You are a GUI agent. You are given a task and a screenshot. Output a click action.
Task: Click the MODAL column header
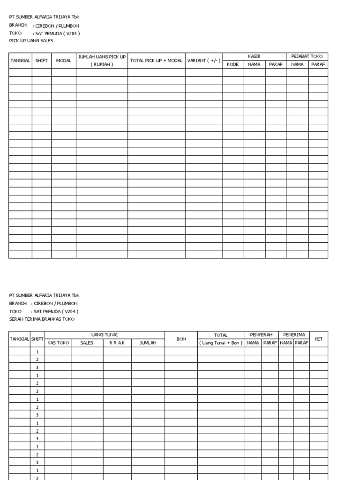(64, 60)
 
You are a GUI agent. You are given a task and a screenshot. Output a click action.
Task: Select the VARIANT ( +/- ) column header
(203, 60)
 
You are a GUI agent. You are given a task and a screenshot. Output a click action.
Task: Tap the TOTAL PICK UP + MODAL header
(156, 60)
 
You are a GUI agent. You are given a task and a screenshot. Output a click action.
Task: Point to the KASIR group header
(254, 56)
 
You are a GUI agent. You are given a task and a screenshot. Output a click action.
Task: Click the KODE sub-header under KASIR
(232, 64)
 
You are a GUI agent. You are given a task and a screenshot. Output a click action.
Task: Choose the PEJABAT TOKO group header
(307, 56)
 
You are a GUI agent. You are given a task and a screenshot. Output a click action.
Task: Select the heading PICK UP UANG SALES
(31, 41)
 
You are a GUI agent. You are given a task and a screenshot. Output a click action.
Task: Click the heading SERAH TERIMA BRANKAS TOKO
(42, 319)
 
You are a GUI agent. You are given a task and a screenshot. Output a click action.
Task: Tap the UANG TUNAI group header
(105, 335)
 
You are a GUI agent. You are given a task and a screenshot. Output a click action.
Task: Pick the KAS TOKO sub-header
(58, 343)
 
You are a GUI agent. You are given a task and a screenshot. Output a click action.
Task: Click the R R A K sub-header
(117, 343)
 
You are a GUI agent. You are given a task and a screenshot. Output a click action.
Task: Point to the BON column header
(181, 338)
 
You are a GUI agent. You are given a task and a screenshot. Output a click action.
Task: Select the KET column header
(318, 338)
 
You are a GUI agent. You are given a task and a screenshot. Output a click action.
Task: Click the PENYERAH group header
(261, 335)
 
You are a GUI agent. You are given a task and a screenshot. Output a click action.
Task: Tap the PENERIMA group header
(294, 335)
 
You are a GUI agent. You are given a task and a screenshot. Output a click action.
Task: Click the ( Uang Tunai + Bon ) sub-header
(220, 343)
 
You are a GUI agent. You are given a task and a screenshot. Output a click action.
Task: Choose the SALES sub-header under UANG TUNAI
(87, 343)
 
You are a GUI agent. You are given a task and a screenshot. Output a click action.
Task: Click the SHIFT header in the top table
(42, 60)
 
